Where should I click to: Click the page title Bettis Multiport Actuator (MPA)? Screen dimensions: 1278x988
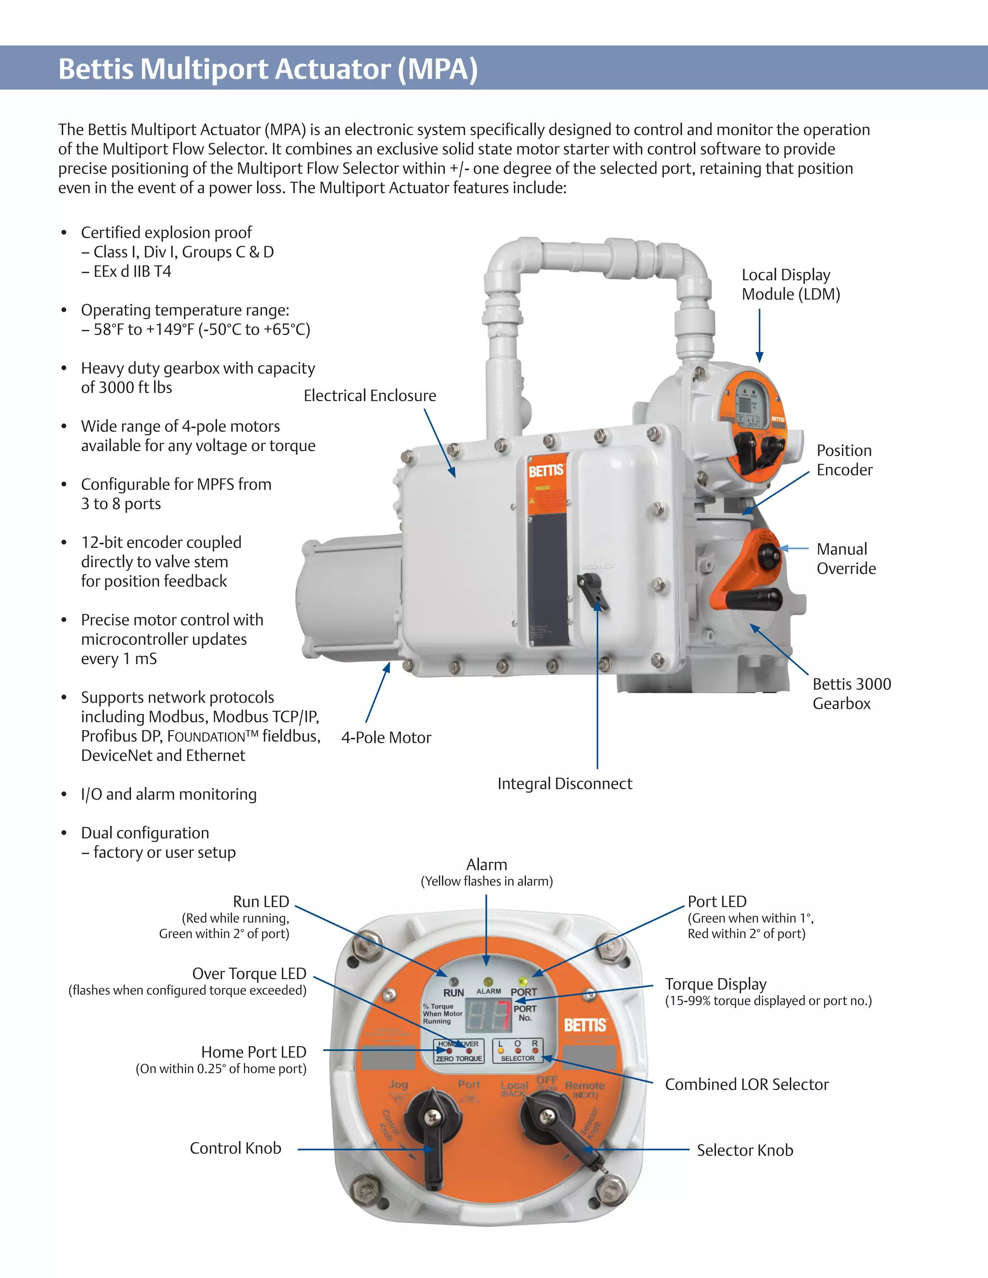click(268, 69)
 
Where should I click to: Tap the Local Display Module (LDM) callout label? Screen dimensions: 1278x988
click(790, 285)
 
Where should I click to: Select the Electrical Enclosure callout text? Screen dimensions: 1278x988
click(370, 396)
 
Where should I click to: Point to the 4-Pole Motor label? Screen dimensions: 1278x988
click(386, 737)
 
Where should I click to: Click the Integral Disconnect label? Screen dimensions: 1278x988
click(565, 784)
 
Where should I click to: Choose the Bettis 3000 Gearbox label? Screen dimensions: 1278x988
click(851, 693)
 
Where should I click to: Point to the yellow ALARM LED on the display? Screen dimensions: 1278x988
click(488, 981)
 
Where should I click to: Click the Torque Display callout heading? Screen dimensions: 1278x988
click(715, 984)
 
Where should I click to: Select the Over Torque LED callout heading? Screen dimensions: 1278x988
click(249, 974)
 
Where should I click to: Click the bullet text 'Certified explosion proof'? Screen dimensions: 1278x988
click(166, 233)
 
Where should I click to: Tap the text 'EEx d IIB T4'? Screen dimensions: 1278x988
click(132, 272)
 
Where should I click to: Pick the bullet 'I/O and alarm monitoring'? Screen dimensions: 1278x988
click(168, 794)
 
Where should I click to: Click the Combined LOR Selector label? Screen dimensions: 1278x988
click(746, 1084)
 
